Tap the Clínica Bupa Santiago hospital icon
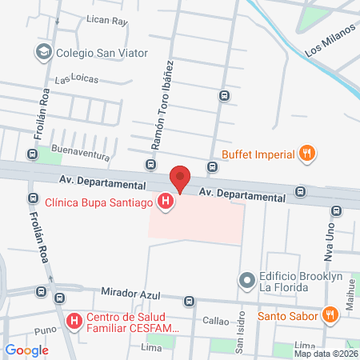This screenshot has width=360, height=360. click(166, 203)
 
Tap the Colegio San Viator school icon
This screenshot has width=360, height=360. click(43, 53)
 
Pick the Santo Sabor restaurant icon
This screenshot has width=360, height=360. click(329, 314)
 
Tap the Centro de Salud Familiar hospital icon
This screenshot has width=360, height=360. click(74, 322)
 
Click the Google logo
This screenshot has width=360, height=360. click(26, 350)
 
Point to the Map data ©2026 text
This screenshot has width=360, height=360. click(326, 354)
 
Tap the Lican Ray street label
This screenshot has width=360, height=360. click(108, 21)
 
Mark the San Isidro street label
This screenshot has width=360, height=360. click(238, 330)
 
